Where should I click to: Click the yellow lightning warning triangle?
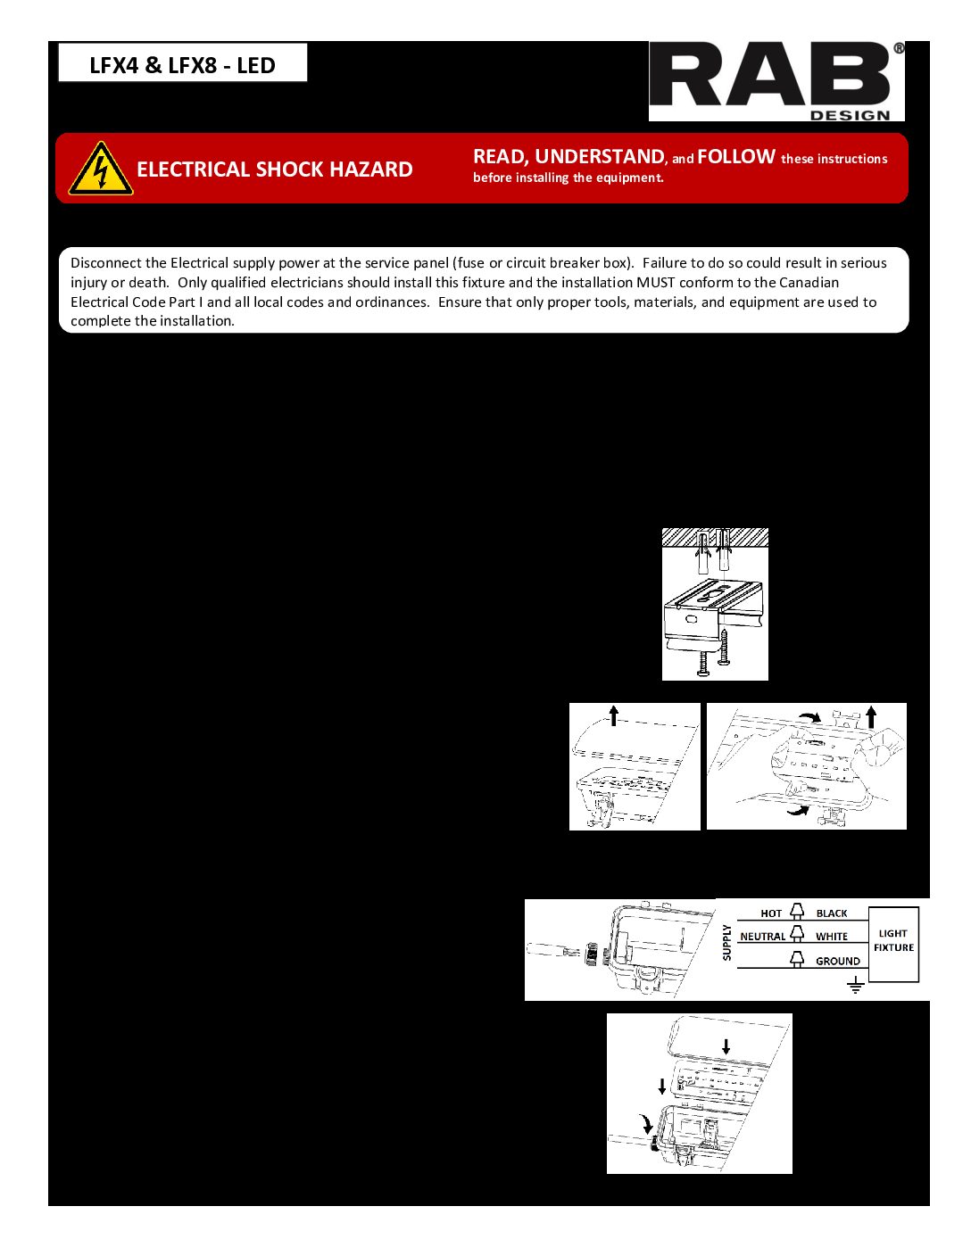click(101, 169)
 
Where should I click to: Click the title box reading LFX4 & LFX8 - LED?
click(183, 64)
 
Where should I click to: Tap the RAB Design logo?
click(776, 81)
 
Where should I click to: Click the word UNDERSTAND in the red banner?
click(599, 157)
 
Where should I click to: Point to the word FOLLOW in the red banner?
click(735, 157)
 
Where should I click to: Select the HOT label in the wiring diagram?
click(771, 913)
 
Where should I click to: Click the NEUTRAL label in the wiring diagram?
click(762, 937)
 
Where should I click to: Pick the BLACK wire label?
click(832, 913)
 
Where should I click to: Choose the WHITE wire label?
click(832, 937)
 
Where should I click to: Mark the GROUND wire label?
click(838, 961)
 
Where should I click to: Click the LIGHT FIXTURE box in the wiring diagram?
click(893, 942)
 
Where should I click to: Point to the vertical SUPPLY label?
click(727, 943)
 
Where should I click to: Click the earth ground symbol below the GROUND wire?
click(855, 986)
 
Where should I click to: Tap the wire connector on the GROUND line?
click(797, 959)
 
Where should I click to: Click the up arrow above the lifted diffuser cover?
click(613, 715)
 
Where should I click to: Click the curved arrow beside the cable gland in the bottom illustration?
click(647, 1122)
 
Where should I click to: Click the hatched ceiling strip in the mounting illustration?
click(715, 536)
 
